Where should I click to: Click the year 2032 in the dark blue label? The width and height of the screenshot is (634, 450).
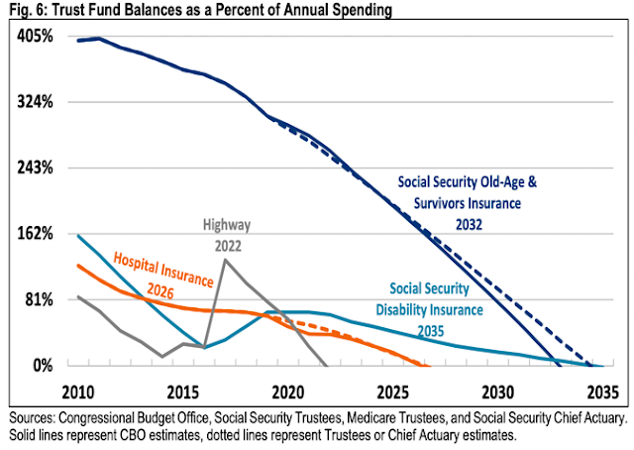pos(481,224)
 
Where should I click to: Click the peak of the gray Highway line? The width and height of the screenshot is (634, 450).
pos(225,260)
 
